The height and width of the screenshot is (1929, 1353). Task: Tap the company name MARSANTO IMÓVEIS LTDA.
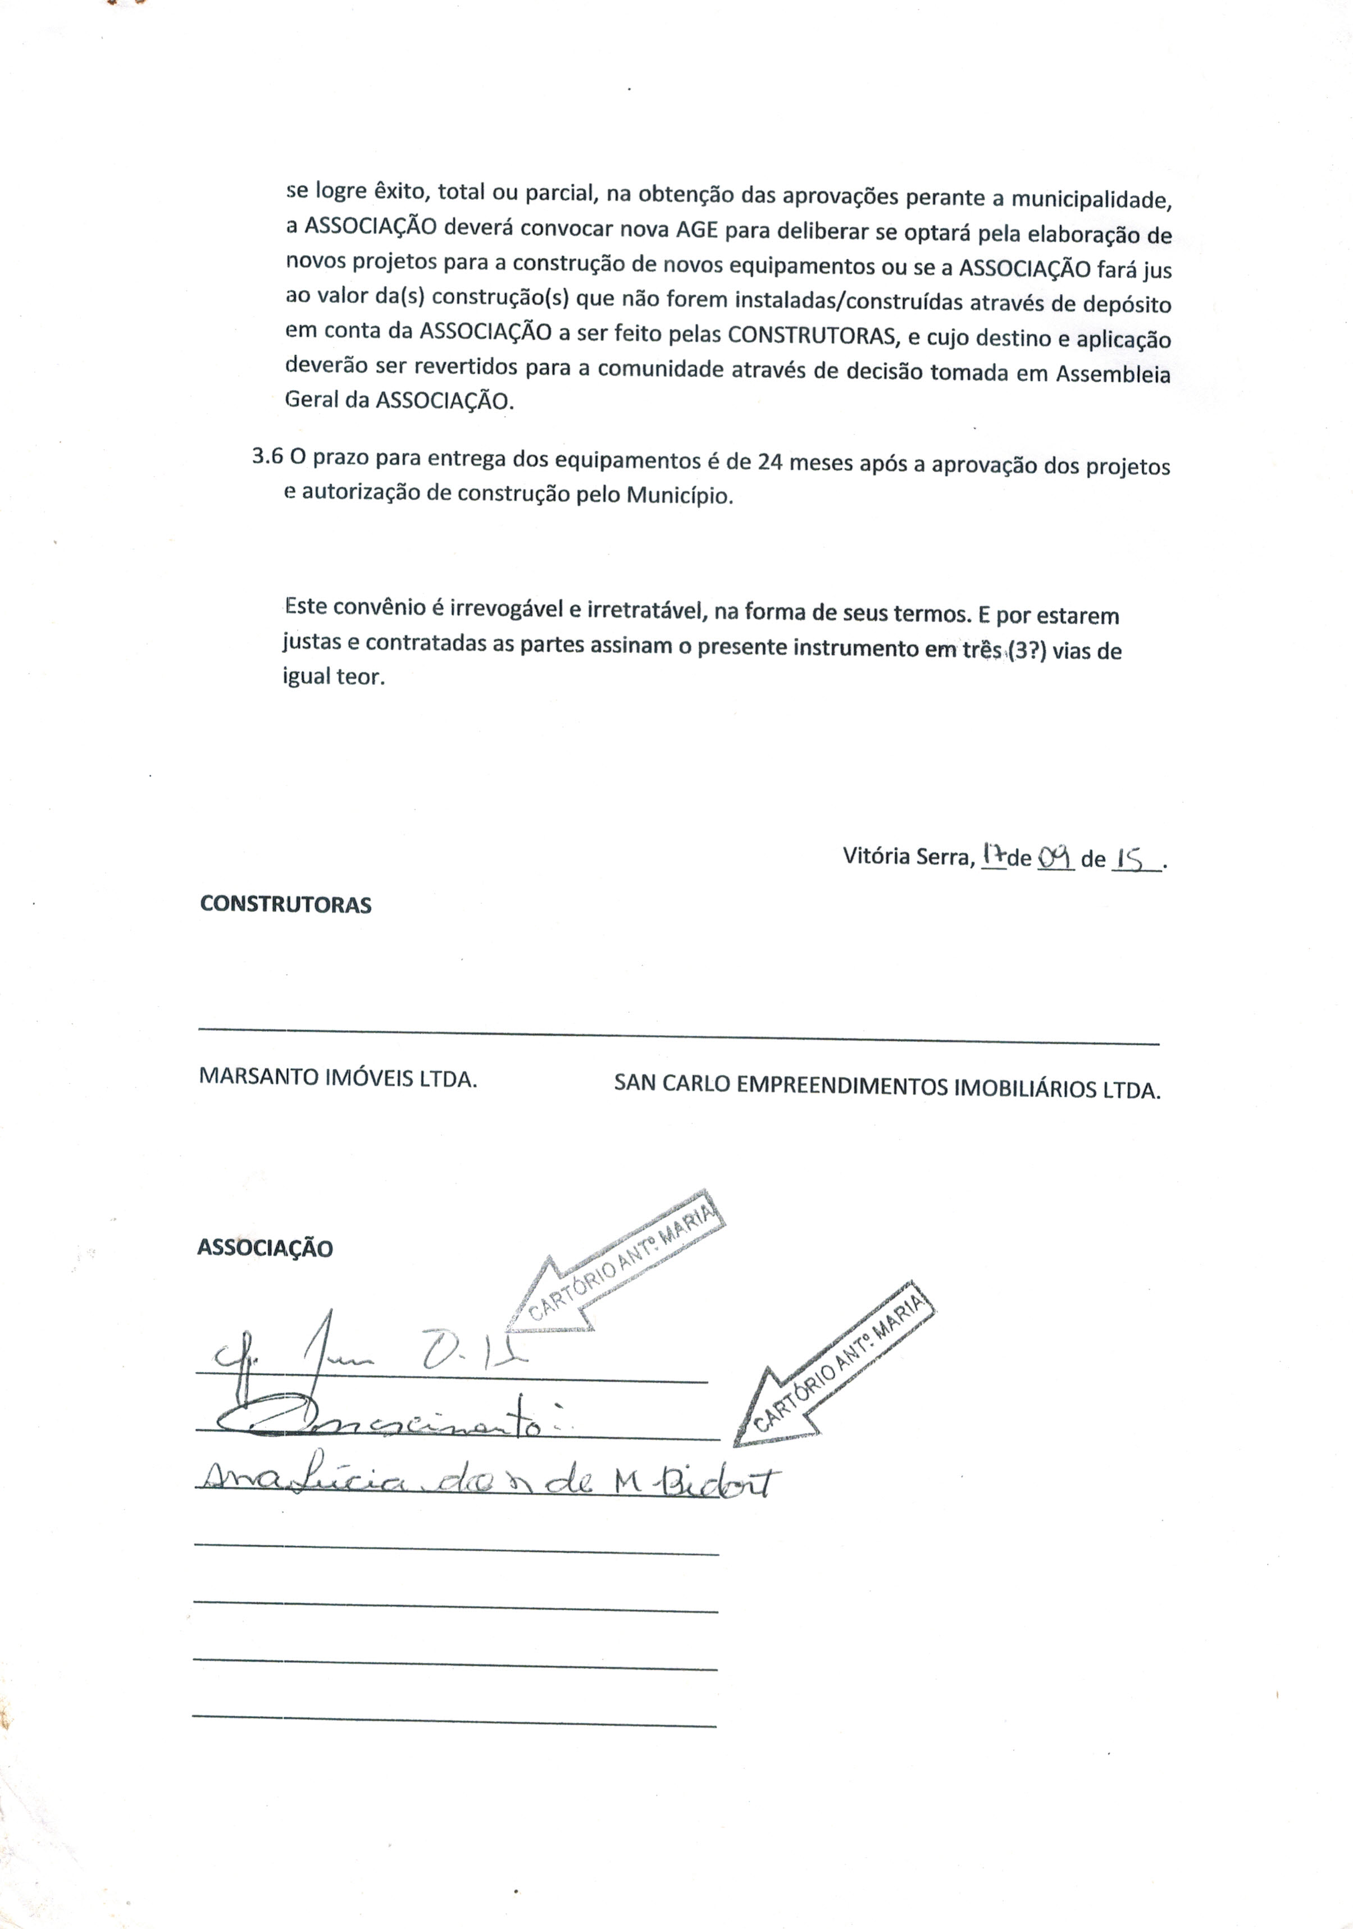pos(338,1078)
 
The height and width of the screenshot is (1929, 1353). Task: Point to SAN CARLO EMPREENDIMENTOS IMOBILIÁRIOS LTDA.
pos(887,1086)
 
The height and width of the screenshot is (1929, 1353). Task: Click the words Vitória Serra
pos(908,856)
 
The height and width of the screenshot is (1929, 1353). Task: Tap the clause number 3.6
pos(267,457)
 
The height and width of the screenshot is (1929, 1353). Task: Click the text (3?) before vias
pos(1026,650)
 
